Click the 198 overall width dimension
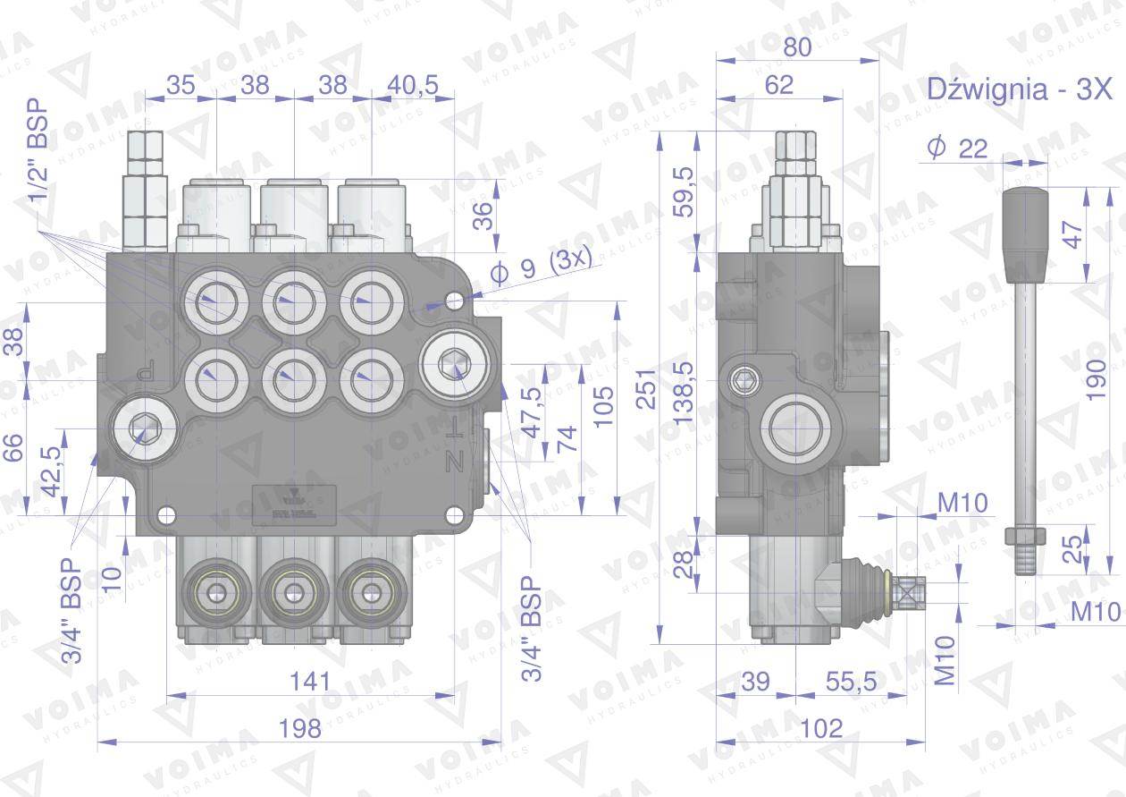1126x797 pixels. click(x=299, y=728)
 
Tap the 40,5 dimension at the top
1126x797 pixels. click(x=413, y=85)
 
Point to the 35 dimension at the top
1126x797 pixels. click(x=181, y=85)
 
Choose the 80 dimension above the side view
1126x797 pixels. click(x=797, y=47)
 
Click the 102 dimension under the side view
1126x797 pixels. click(x=821, y=728)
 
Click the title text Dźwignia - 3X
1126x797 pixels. click(x=1019, y=89)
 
